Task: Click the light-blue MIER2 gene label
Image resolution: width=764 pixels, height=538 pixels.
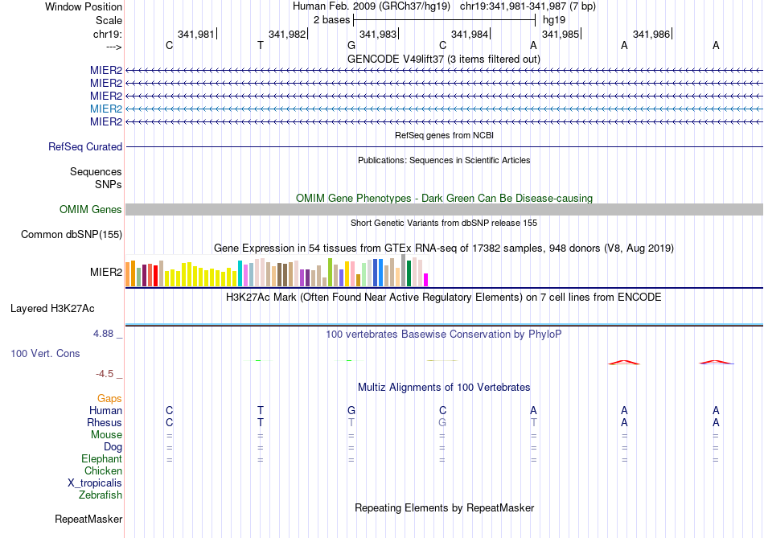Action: point(106,109)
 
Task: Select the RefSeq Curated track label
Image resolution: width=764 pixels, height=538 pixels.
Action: point(85,147)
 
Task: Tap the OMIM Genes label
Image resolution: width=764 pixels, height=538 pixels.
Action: point(91,210)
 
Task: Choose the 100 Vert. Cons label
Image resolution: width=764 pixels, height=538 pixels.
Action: point(45,354)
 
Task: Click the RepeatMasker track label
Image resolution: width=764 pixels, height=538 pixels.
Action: point(88,520)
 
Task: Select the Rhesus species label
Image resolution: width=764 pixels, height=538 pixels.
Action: point(105,423)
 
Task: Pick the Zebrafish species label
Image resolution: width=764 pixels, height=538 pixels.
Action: point(101,495)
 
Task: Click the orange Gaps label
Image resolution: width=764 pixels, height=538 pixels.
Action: point(109,399)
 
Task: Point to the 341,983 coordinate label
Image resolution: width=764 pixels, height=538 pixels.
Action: point(378,35)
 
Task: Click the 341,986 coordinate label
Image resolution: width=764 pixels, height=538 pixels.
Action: point(651,35)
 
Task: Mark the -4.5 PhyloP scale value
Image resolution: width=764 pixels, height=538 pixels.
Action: point(109,374)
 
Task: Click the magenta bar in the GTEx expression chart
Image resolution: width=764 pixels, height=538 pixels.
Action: point(426,279)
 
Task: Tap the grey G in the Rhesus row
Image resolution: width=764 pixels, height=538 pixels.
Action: point(442,423)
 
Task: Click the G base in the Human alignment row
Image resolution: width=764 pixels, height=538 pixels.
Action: point(351,411)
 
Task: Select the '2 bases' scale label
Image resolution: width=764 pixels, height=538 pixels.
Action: point(331,19)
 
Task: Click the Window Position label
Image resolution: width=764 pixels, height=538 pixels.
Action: point(84,7)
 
